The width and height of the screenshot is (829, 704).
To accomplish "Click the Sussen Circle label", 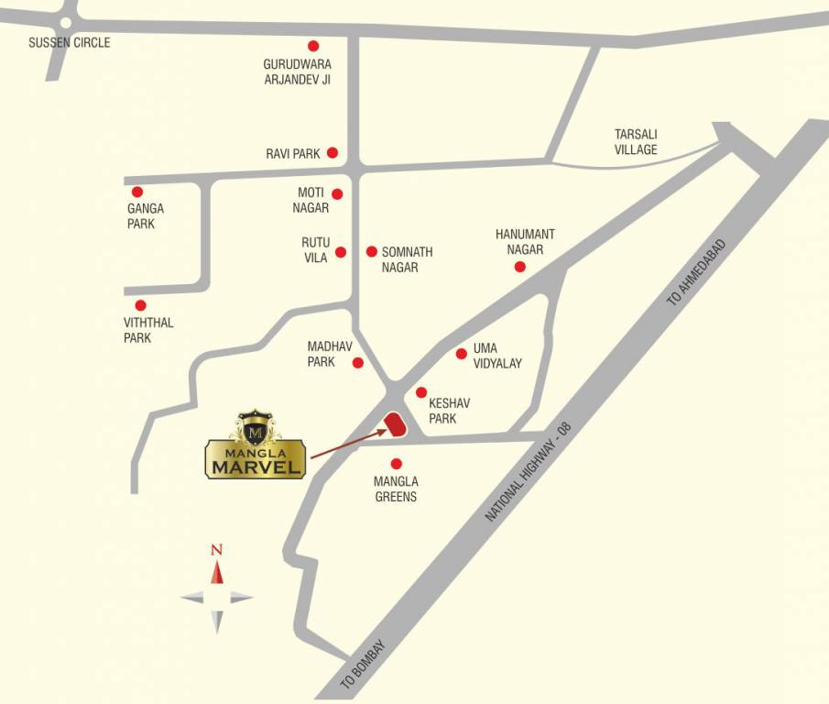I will pyautogui.click(x=69, y=43).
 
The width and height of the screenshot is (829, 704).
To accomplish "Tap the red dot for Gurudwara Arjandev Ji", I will pyautogui.click(x=313, y=45).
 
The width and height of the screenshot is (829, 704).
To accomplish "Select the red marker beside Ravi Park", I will pyautogui.click(x=333, y=153).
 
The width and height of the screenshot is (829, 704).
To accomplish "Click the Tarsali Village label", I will pyautogui.click(x=636, y=141).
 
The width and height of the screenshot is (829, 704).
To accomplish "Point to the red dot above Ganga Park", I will pyautogui.click(x=137, y=192).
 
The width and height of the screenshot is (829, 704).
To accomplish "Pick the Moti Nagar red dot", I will pyautogui.click(x=337, y=193).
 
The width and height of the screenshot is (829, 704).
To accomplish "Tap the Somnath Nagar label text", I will pyautogui.click(x=407, y=259).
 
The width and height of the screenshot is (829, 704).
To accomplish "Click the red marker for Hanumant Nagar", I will pyautogui.click(x=519, y=267).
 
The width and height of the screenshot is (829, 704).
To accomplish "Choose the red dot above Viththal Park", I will pyautogui.click(x=140, y=305).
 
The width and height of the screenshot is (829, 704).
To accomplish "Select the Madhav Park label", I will pyautogui.click(x=322, y=354).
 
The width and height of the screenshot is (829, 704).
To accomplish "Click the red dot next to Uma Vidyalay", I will pyautogui.click(x=462, y=354).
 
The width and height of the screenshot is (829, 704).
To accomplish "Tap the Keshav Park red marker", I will pyautogui.click(x=421, y=392).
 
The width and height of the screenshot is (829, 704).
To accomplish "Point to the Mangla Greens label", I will pyautogui.click(x=396, y=489).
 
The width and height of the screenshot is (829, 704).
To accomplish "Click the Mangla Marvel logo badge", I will pyautogui.click(x=255, y=445).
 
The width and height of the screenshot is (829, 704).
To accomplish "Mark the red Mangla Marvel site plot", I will pyautogui.click(x=396, y=425).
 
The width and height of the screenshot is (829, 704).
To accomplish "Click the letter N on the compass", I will pyautogui.click(x=216, y=550).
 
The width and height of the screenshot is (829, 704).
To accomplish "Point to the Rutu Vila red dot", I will pyautogui.click(x=341, y=252).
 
